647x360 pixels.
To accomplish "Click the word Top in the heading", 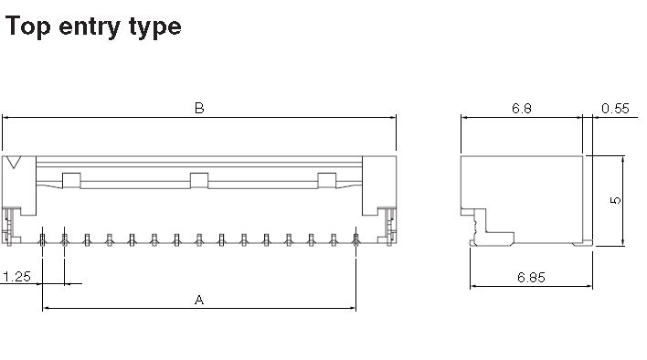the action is click(28, 26).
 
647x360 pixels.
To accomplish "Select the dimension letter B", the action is click(199, 108).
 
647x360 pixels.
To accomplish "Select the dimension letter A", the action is click(199, 300).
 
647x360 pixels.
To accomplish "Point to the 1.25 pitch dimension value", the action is click(16, 276).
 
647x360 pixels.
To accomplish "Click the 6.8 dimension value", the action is click(522, 108).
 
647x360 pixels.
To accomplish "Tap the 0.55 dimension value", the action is click(615, 109).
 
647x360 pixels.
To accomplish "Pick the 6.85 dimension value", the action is click(531, 277).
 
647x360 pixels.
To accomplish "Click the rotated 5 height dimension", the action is click(615, 200).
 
